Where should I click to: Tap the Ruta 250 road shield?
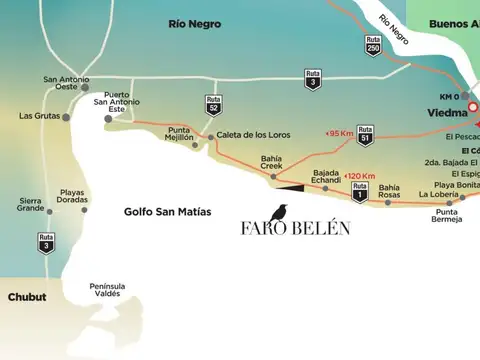(x=372, y=46)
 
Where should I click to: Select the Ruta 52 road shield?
(x=213, y=105)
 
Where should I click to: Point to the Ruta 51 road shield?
(x=365, y=134)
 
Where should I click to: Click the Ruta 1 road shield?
(x=359, y=191)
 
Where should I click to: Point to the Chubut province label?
(x=27, y=297)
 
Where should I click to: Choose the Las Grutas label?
(x=39, y=116)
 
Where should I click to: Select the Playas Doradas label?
(x=71, y=196)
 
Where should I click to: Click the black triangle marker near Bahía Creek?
(x=293, y=185)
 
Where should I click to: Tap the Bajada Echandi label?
(x=326, y=177)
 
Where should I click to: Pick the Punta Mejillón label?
(x=180, y=135)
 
